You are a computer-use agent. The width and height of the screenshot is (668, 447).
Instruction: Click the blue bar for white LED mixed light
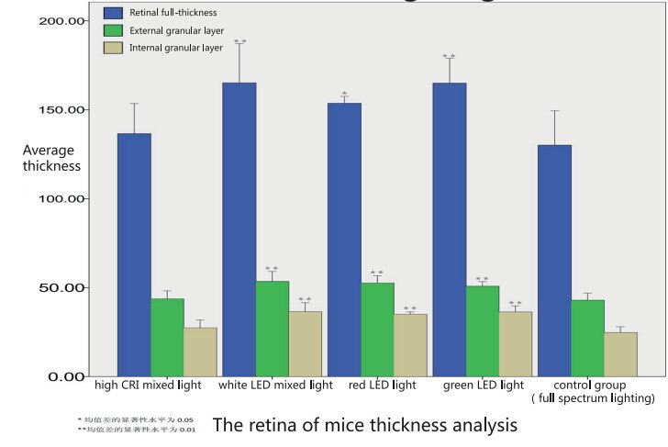tap(239, 229)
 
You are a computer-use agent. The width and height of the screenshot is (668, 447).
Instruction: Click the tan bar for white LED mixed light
tap(306, 343)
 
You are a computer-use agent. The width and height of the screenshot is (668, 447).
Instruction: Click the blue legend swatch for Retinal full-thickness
tap(115, 13)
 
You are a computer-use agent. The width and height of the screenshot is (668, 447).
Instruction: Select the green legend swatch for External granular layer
tap(115, 30)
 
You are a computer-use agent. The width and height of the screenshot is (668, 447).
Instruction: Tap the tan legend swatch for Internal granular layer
tap(115, 48)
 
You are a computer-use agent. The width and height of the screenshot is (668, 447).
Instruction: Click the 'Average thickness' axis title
tap(51, 158)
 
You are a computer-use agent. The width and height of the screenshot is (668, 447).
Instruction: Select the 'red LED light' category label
tap(382, 386)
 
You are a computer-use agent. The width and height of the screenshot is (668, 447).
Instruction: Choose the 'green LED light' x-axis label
tap(483, 386)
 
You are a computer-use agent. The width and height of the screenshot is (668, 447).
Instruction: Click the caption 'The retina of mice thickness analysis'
tap(365, 425)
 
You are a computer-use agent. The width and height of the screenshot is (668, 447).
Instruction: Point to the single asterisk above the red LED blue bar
tap(344, 94)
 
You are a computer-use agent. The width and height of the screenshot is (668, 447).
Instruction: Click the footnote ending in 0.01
tap(135, 430)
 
